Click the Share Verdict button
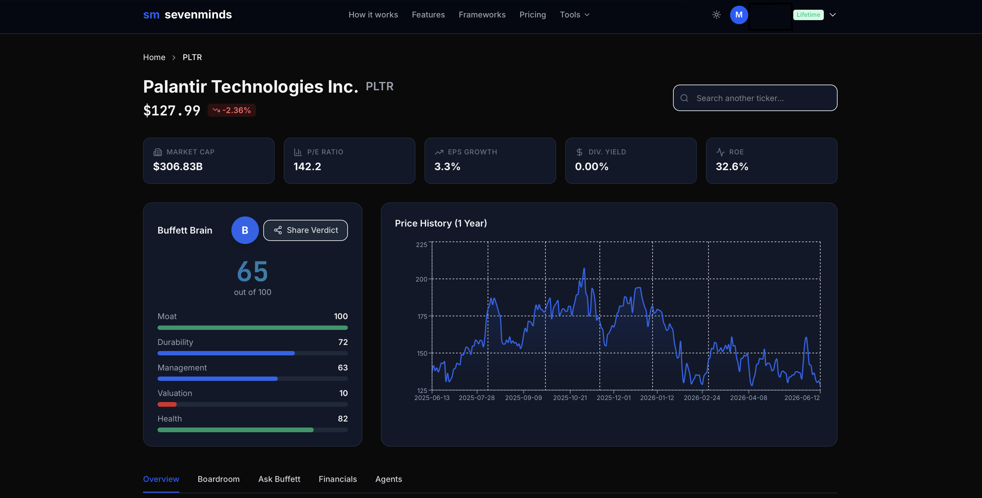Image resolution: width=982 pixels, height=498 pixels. point(305,230)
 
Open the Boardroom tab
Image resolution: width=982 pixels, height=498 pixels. point(218,479)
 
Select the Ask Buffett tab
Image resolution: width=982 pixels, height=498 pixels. point(279,479)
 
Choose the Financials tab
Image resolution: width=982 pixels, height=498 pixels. point(338,479)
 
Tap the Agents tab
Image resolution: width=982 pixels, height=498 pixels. point(389,479)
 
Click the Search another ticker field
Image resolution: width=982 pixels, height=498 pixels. point(755,98)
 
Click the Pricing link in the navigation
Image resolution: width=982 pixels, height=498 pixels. point(533,14)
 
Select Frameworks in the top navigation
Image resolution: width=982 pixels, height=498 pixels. point(482,14)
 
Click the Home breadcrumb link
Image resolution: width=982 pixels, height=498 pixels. point(154,57)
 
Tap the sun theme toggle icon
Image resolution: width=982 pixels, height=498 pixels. point(716,14)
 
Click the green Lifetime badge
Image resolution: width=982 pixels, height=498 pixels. point(808,14)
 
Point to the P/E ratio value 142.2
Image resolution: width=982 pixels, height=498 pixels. point(307,166)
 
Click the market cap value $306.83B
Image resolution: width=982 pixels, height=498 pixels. point(178,166)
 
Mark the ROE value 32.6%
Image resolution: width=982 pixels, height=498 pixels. point(732,166)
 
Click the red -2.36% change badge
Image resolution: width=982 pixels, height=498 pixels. point(232,110)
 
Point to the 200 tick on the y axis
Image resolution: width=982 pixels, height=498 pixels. point(421,279)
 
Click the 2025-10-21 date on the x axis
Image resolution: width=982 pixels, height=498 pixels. point(570,397)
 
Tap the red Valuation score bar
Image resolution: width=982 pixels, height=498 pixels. point(167,404)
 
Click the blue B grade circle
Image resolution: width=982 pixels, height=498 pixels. point(245,230)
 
